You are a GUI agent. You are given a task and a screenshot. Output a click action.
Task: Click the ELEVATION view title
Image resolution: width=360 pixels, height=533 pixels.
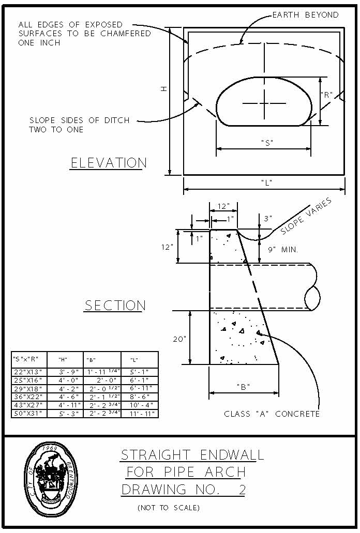tap(109, 163)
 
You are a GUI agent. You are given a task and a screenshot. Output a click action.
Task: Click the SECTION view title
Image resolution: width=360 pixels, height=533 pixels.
tap(115, 306)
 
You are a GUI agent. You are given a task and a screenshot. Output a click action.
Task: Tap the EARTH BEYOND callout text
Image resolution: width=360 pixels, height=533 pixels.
tap(305, 15)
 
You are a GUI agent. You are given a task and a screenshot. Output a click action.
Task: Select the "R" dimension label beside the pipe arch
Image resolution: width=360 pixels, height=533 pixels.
tap(326, 95)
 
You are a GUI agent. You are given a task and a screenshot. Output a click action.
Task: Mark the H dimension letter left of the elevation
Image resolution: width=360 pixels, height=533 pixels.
tap(163, 89)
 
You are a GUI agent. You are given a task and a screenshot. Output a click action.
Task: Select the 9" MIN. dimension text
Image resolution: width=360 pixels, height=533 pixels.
tap(282, 250)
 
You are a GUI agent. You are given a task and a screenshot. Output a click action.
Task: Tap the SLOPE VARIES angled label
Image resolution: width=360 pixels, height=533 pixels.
tap(306, 216)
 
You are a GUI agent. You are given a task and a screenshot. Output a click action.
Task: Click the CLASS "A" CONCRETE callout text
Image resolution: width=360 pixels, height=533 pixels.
tap(272, 414)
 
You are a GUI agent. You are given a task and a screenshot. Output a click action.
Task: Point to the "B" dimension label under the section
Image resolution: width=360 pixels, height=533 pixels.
tap(244, 387)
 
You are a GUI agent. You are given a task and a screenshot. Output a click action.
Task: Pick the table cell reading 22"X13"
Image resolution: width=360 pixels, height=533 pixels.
tap(28, 372)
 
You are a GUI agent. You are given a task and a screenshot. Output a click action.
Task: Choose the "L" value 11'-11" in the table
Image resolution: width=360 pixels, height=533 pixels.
tap(139, 414)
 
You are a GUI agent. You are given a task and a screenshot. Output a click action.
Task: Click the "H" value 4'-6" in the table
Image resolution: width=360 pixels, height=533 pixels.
tap(63, 397)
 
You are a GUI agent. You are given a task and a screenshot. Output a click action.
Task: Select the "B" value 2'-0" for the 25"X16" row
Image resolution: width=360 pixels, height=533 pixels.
tap(102, 380)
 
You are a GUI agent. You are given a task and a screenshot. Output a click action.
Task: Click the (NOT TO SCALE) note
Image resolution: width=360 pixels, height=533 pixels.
tap(169, 508)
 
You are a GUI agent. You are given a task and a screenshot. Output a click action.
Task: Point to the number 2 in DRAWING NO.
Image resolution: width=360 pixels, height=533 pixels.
tap(242, 489)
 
